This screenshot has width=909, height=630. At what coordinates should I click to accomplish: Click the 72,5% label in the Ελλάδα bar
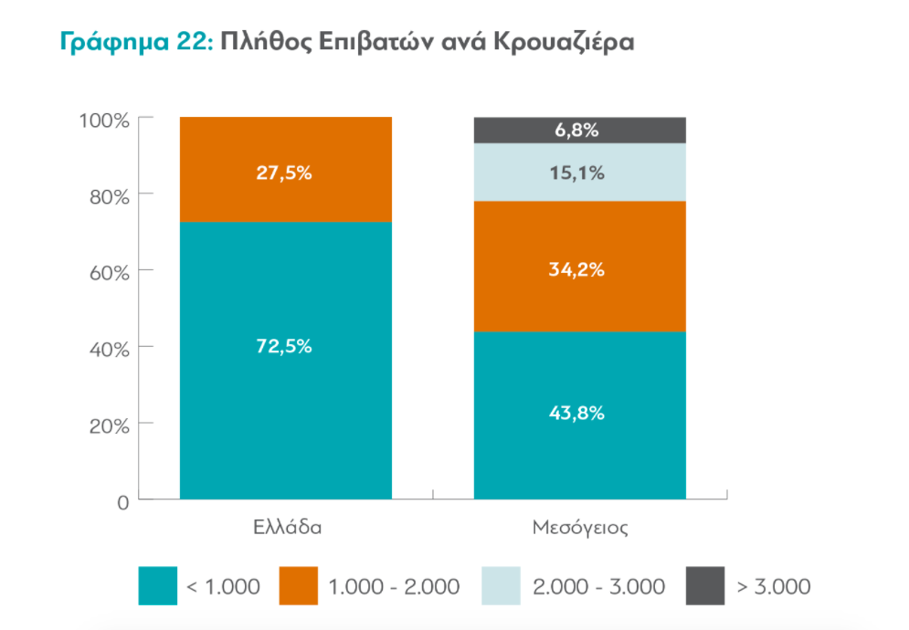286,347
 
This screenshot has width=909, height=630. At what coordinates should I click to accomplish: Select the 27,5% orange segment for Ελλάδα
286,173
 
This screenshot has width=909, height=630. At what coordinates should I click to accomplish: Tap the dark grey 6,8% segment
579,130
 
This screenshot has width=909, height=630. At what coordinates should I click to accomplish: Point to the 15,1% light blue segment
579,173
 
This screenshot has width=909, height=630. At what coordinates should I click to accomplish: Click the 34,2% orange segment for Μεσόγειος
579,270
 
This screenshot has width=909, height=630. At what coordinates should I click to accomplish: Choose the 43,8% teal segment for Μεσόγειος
579,413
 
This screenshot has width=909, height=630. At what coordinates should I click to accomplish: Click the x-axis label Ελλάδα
286,528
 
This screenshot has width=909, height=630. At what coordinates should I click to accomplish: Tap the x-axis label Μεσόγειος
579,528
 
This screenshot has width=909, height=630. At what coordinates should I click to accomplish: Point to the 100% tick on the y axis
108,120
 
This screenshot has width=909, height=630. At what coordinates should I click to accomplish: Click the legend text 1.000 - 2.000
393,586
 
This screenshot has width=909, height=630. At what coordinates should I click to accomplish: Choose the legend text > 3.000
773,586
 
